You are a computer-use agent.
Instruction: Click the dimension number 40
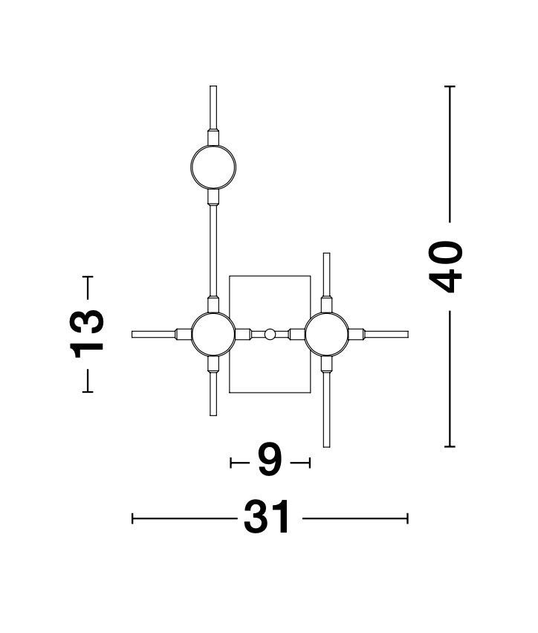point(445,266)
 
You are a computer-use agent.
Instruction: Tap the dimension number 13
point(87,334)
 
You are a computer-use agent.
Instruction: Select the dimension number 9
point(270,460)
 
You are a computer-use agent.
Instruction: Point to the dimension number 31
point(267,517)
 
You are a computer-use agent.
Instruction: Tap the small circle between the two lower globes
point(270,334)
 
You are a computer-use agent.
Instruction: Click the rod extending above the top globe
point(213,108)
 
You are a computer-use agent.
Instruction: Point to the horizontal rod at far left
point(154,334)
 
